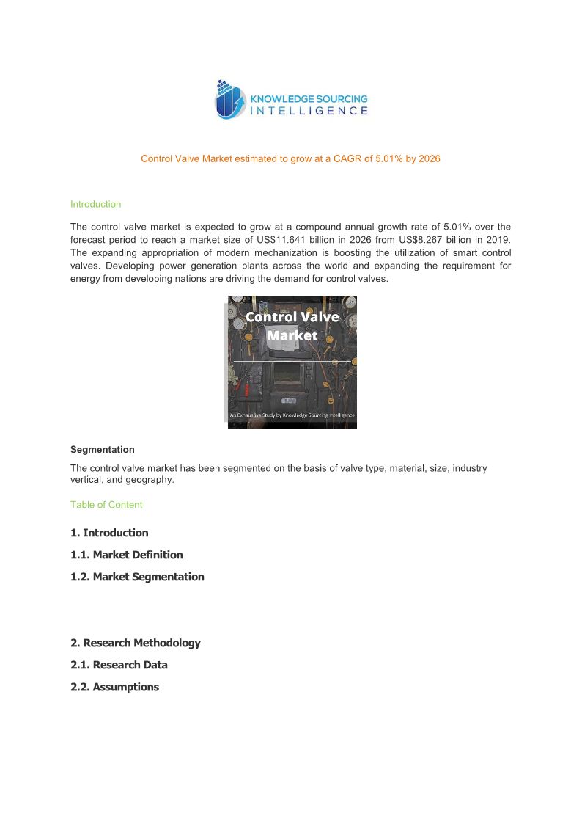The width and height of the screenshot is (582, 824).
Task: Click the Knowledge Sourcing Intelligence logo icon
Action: click(x=229, y=100)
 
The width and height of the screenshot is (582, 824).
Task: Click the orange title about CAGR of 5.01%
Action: click(x=290, y=158)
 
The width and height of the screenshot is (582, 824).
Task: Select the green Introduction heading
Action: click(x=95, y=204)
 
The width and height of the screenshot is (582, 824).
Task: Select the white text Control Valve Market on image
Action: click(x=292, y=326)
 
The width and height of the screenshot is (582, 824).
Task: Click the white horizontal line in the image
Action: click(x=292, y=362)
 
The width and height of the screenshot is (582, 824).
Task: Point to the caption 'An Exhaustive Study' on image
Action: click(x=292, y=415)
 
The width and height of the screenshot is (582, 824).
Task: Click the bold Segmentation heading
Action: click(x=102, y=449)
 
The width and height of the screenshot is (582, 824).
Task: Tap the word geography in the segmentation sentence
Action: click(x=150, y=480)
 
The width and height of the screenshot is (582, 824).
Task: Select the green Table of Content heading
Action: click(x=106, y=505)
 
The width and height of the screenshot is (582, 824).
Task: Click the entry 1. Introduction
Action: click(x=109, y=533)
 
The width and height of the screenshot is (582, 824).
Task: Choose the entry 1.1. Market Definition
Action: click(x=126, y=555)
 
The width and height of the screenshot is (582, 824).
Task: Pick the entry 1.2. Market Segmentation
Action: click(x=137, y=577)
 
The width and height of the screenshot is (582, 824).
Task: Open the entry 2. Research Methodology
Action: click(x=135, y=643)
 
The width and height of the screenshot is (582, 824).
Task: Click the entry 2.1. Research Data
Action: click(x=119, y=665)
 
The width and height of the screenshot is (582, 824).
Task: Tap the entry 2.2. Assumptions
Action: click(x=114, y=687)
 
